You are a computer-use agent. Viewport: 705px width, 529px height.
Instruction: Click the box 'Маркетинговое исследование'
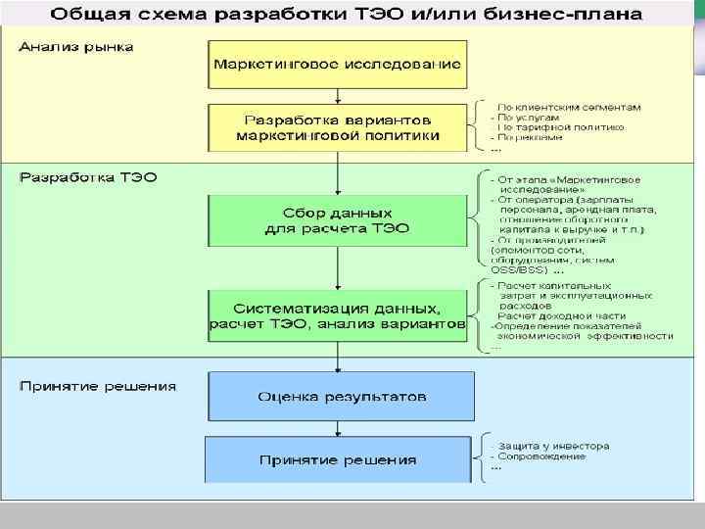click(337, 64)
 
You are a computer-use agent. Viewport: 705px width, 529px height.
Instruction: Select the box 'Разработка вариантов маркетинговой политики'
click(337, 127)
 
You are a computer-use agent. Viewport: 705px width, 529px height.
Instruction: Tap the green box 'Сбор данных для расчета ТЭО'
click(337, 220)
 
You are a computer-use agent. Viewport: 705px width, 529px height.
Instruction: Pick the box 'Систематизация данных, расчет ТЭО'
click(337, 314)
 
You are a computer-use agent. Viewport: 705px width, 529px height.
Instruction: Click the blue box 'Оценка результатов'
click(341, 397)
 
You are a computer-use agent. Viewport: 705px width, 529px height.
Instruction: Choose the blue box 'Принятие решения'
click(338, 458)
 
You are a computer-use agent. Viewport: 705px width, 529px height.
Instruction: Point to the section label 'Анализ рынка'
click(75, 46)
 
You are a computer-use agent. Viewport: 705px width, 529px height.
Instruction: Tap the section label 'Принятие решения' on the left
click(98, 385)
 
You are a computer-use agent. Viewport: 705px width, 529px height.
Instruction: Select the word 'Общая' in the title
click(87, 15)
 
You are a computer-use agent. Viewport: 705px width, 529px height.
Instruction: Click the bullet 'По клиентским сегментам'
click(568, 106)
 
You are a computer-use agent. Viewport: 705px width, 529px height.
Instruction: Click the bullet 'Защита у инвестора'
click(552, 446)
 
